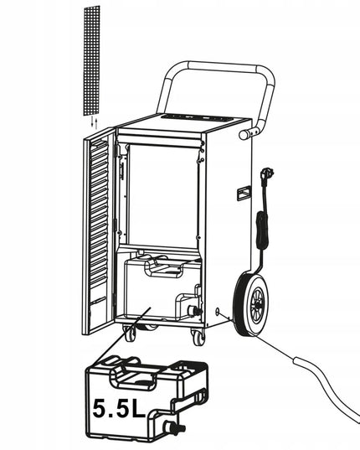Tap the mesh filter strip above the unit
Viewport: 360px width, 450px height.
pos(92,60)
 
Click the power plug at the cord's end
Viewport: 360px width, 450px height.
pos(266,173)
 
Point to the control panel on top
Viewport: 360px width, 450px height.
pos(196,117)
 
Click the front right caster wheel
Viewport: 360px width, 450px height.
pos(198,337)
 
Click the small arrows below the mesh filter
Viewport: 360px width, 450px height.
pos(94,122)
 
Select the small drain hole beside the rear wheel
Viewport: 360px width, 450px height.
pos(217,311)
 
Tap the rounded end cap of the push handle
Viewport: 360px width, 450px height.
pos(244,135)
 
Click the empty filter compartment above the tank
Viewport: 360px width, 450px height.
pos(163,196)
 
